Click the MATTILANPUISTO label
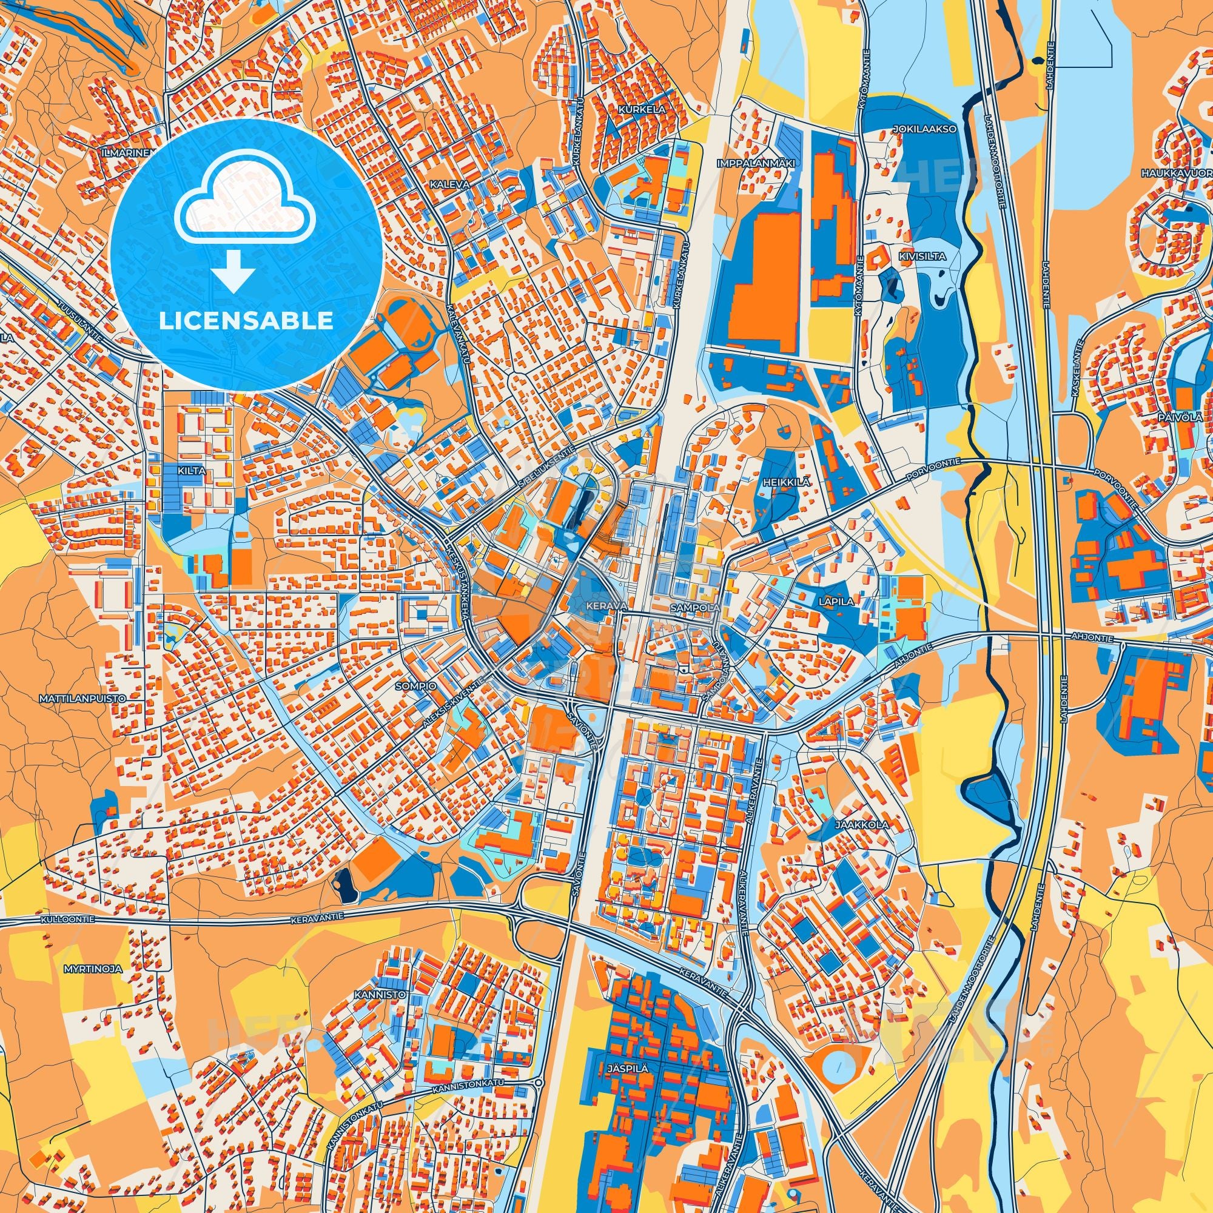pos(82,698)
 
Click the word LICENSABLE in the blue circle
pos(246,320)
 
